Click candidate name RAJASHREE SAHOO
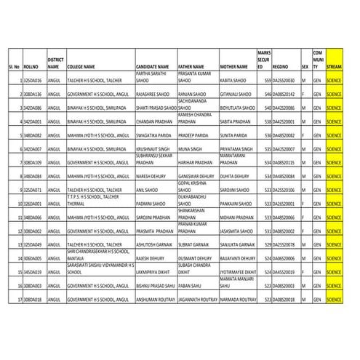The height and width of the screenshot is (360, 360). click(152, 94)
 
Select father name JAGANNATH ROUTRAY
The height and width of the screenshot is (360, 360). click(196, 299)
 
